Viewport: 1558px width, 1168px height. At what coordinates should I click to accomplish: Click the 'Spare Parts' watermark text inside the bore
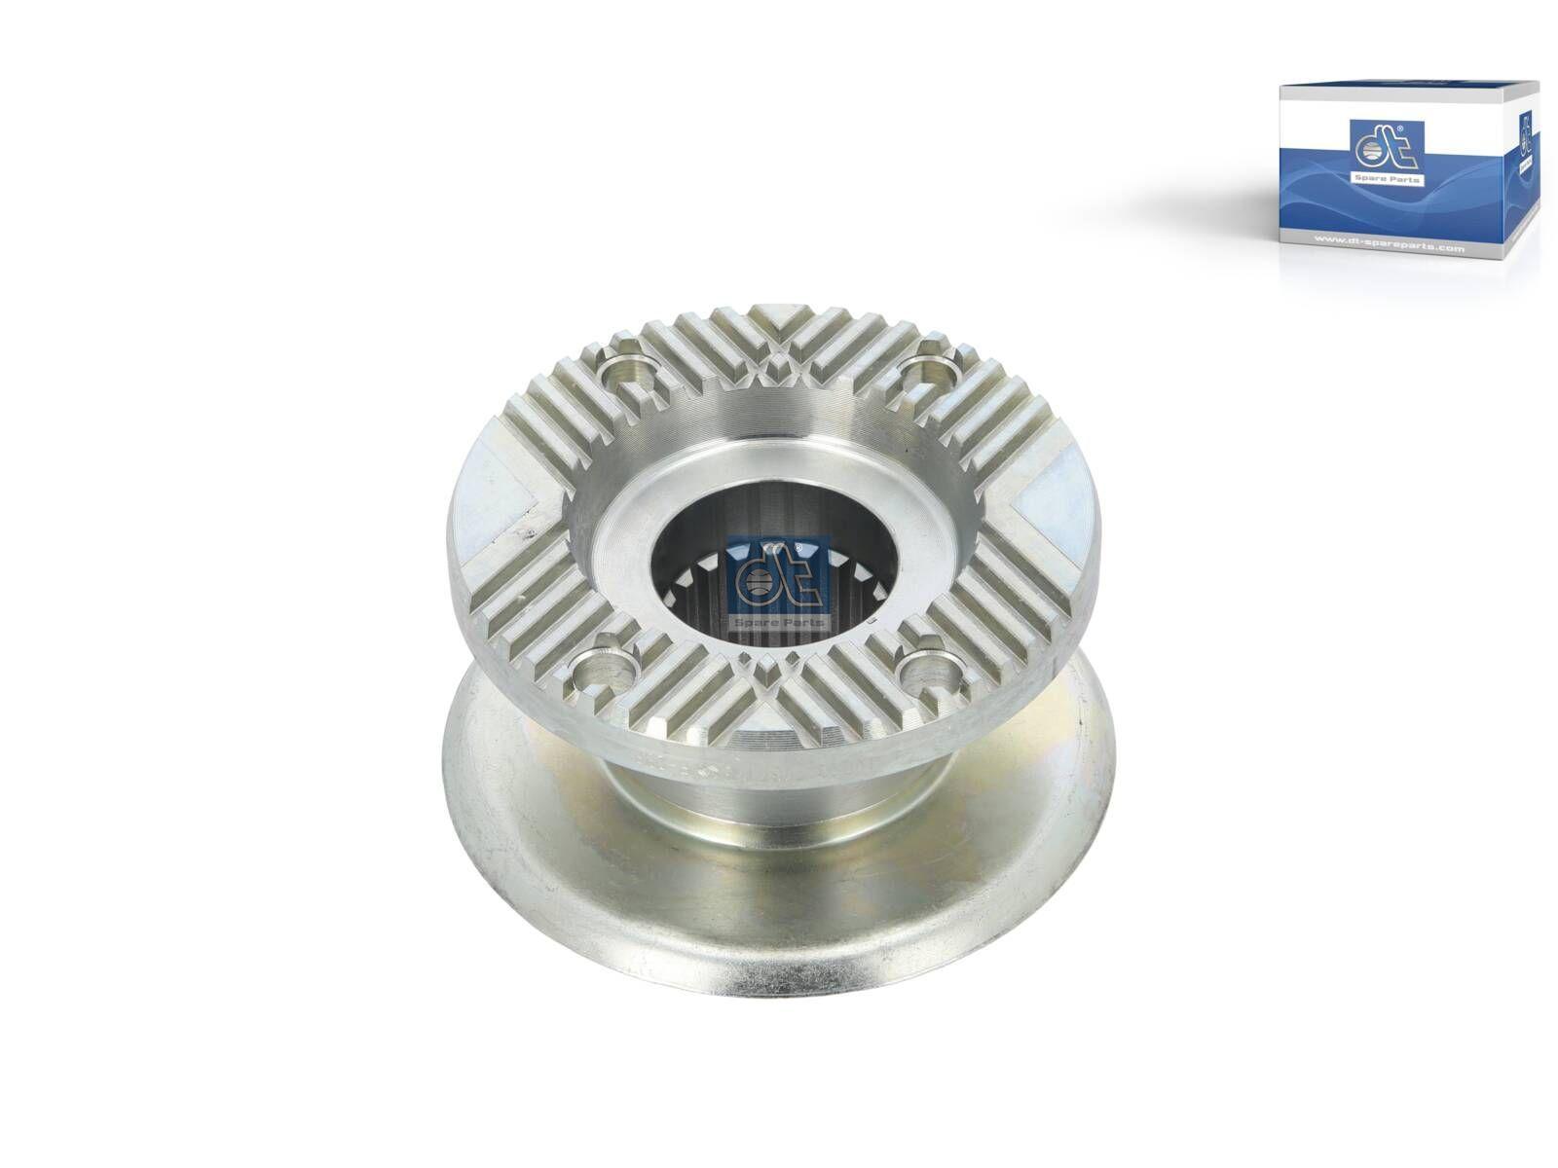776,621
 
